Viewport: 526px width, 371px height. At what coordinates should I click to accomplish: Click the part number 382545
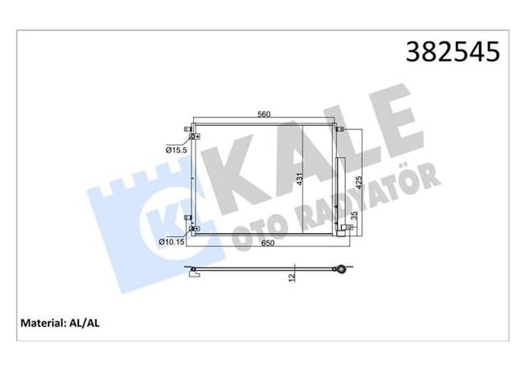click(451, 51)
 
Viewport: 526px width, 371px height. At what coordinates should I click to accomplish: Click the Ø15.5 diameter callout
click(175, 150)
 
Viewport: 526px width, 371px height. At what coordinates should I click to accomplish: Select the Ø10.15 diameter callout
click(172, 242)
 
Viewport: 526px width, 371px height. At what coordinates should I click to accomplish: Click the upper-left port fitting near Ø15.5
click(190, 134)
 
